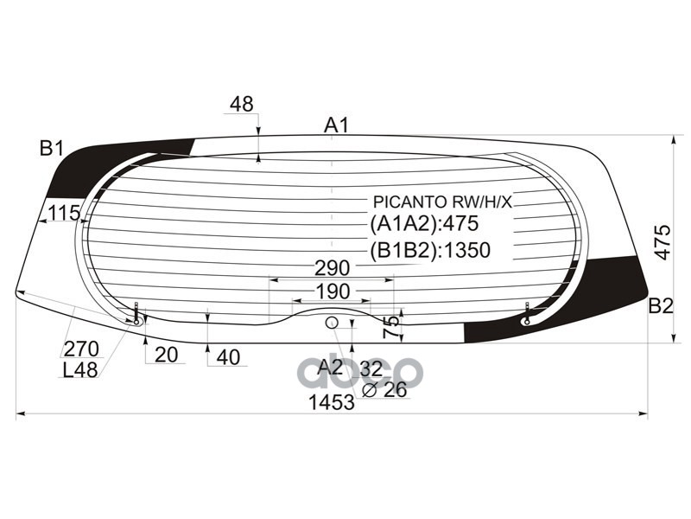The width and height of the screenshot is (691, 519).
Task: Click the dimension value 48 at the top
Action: [x=242, y=105]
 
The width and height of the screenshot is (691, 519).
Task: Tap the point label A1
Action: [x=336, y=125]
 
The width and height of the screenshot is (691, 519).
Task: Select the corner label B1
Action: [x=52, y=148]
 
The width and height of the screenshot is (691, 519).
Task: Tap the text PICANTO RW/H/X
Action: [x=441, y=202]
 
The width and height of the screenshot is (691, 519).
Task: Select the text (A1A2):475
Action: [x=424, y=224]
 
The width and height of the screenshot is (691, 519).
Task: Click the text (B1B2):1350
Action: [x=430, y=251]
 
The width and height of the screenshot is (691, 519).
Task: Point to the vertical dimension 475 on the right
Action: [x=662, y=243]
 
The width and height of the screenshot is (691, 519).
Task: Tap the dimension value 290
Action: [x=332, y=267]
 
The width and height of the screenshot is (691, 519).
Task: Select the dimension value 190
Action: [x=332, y=291]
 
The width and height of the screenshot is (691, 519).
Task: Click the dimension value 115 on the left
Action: [x=64, y=213]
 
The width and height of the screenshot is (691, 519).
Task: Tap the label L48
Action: [x=80, y=370]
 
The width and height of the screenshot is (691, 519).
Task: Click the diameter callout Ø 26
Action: [x=384, y=390]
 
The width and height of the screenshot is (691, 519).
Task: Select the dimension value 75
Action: [x=392, y=327]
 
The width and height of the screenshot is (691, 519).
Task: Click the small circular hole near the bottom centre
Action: [x=331, y=323]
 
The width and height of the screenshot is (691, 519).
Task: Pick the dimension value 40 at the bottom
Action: [x=228, y=356]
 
